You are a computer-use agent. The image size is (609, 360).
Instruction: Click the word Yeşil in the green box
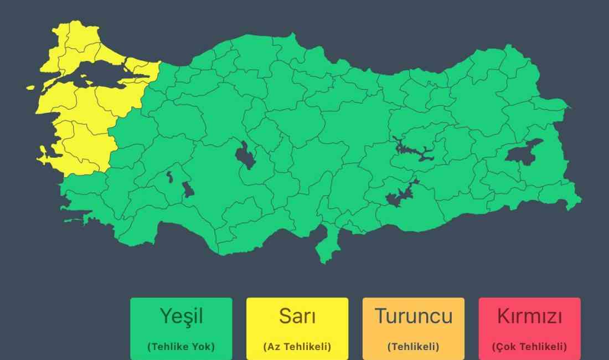coord(181,316)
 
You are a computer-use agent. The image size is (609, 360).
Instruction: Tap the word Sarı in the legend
coord(297,316)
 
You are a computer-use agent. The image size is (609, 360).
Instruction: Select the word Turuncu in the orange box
coord(414,316)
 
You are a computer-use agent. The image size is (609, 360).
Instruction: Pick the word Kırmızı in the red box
coord(530,316)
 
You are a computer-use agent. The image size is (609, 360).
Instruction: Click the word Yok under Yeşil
coord(203,347)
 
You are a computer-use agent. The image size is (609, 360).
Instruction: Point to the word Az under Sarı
coord(273,347)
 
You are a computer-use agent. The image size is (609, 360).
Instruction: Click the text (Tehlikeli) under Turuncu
coord(414,347)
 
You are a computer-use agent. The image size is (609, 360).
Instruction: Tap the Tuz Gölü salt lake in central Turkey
coord(245,155)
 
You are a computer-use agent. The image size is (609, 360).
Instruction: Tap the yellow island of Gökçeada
coord(30,88)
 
